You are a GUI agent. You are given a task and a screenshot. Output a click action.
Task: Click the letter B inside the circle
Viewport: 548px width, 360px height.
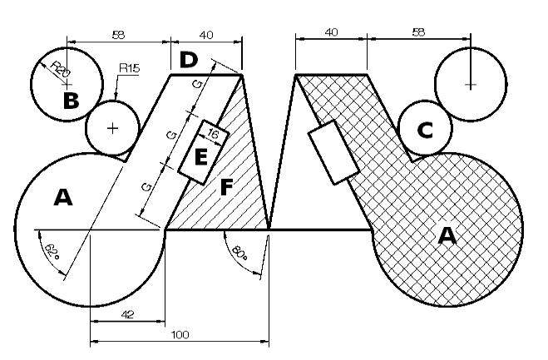72,101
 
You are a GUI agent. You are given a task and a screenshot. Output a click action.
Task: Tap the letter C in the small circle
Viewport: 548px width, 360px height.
425,131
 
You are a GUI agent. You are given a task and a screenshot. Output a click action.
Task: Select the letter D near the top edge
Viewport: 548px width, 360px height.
189,60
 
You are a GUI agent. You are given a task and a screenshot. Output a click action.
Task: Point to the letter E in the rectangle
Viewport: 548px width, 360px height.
200,157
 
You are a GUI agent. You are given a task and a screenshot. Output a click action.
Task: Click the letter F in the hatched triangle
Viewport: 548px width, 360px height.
227,187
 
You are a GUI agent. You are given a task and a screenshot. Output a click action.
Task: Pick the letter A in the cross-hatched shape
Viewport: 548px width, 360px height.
447,235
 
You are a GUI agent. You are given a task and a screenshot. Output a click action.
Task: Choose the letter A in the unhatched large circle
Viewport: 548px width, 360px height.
63,197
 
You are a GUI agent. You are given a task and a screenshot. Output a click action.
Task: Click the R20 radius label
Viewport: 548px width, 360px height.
61,68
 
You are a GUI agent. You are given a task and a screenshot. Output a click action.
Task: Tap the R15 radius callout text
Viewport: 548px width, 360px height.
130,68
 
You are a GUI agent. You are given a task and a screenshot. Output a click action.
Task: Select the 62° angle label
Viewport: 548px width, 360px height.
52,251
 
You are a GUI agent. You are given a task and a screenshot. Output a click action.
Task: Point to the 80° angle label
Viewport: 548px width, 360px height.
239,254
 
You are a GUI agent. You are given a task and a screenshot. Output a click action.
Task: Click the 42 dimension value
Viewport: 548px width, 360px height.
127,314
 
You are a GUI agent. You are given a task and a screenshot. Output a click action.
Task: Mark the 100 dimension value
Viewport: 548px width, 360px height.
180,335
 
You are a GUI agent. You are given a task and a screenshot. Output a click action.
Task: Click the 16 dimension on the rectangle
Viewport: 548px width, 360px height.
213,133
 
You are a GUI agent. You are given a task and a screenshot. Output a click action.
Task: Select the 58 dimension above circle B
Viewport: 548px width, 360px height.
118,35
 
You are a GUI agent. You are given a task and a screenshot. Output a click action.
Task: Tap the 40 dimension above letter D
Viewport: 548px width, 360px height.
206,35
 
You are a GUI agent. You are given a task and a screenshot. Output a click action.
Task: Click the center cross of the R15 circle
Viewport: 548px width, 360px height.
112,128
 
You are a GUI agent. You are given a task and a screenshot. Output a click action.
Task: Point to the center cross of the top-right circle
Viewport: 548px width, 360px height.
471,85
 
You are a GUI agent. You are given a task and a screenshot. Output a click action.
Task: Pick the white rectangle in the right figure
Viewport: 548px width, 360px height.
333,152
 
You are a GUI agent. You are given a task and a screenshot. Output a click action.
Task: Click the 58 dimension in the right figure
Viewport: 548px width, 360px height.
418,32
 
